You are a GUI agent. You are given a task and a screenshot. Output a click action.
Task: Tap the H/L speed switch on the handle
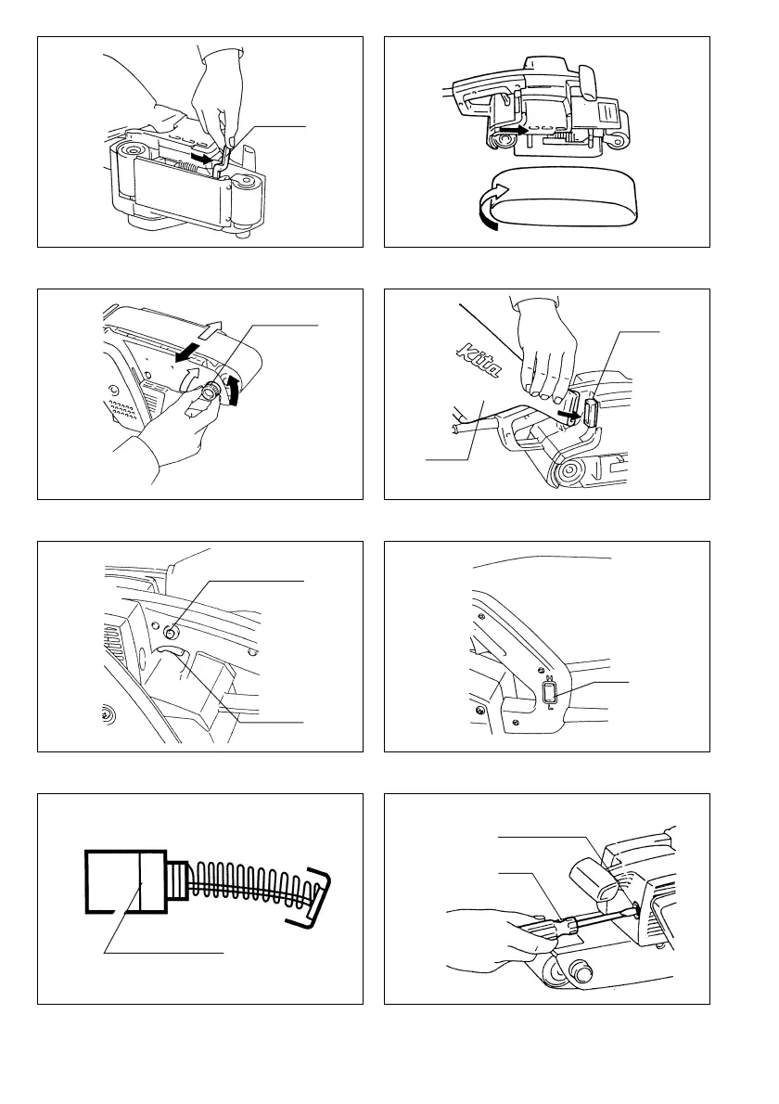(x=548, y=691)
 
